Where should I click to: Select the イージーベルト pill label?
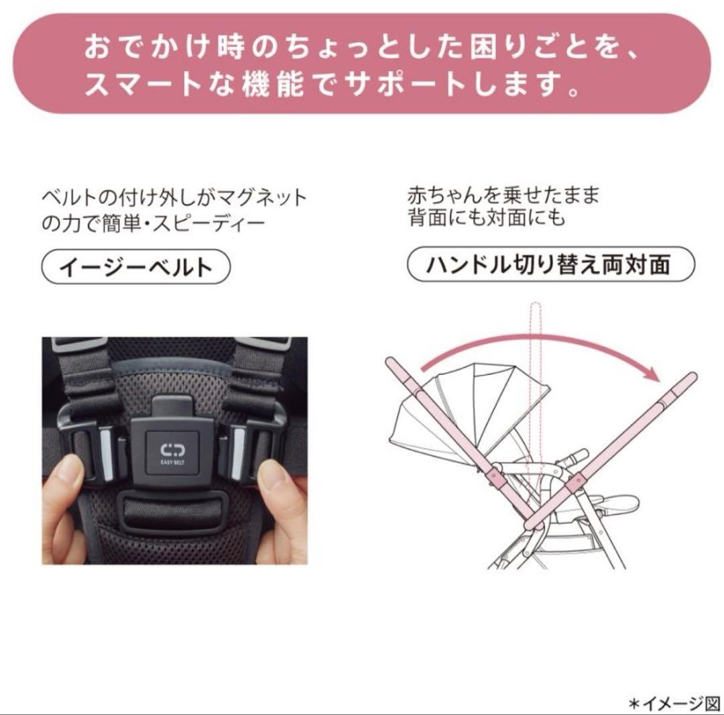point(136,268)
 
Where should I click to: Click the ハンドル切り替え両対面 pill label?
point(550,265)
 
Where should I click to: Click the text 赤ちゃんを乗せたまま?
point(503,196)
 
